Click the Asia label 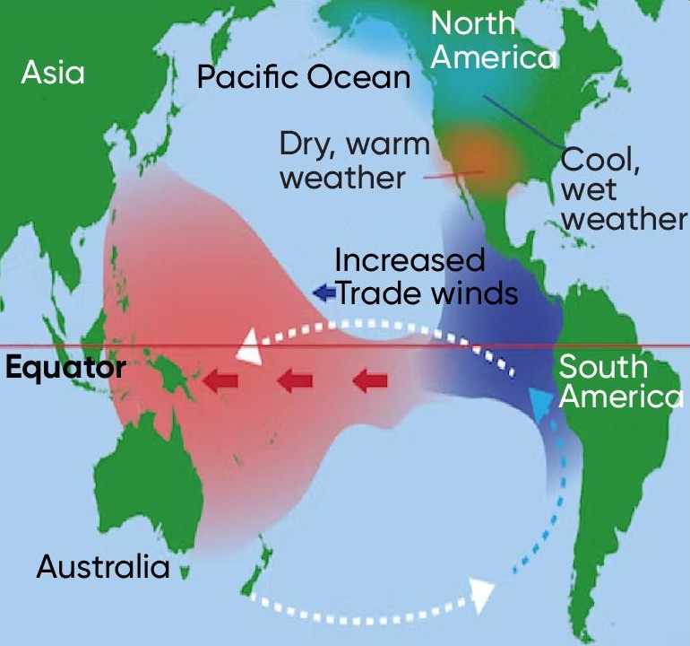[x=53, y=72]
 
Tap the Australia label [x=103, y=567]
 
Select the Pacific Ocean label [x=303, y=77]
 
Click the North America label [x=492, y=39]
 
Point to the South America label [x=618, y=381]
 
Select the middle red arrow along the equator [x=293, y=382]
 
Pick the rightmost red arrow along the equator [x=369, y=382]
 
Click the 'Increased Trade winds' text [x=424, y=276]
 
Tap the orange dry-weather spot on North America [x=479, y=157]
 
